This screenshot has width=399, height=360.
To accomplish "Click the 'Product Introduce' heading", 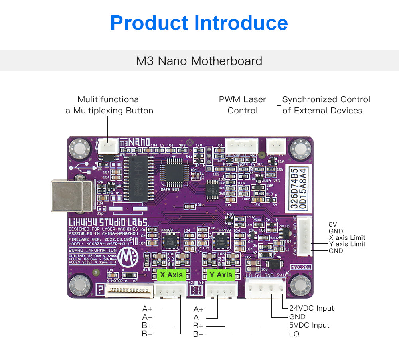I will (199, 23).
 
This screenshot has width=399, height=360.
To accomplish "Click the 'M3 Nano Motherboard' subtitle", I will (199, 61).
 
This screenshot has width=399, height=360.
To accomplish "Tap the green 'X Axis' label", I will (171, 275).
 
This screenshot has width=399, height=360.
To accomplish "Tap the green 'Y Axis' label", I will (221, 275).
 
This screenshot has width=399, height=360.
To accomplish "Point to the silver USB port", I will (72, 195).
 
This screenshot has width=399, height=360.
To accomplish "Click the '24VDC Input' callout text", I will (311, 308).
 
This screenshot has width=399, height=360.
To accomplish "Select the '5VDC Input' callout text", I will (309, 325).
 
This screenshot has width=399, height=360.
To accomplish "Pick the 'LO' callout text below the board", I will (294, 334).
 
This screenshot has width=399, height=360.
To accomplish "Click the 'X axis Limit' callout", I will (347, 237).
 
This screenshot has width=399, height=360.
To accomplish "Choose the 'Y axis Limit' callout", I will (347, 244).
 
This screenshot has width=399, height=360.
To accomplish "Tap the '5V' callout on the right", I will (333, 224).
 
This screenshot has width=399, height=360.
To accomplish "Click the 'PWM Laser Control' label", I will (242, 105).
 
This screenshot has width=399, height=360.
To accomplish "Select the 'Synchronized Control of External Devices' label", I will (326, 105).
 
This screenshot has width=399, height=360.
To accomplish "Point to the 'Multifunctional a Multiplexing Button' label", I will (109, 105).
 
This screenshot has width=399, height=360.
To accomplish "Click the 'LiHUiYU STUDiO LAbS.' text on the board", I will (108, 222).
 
